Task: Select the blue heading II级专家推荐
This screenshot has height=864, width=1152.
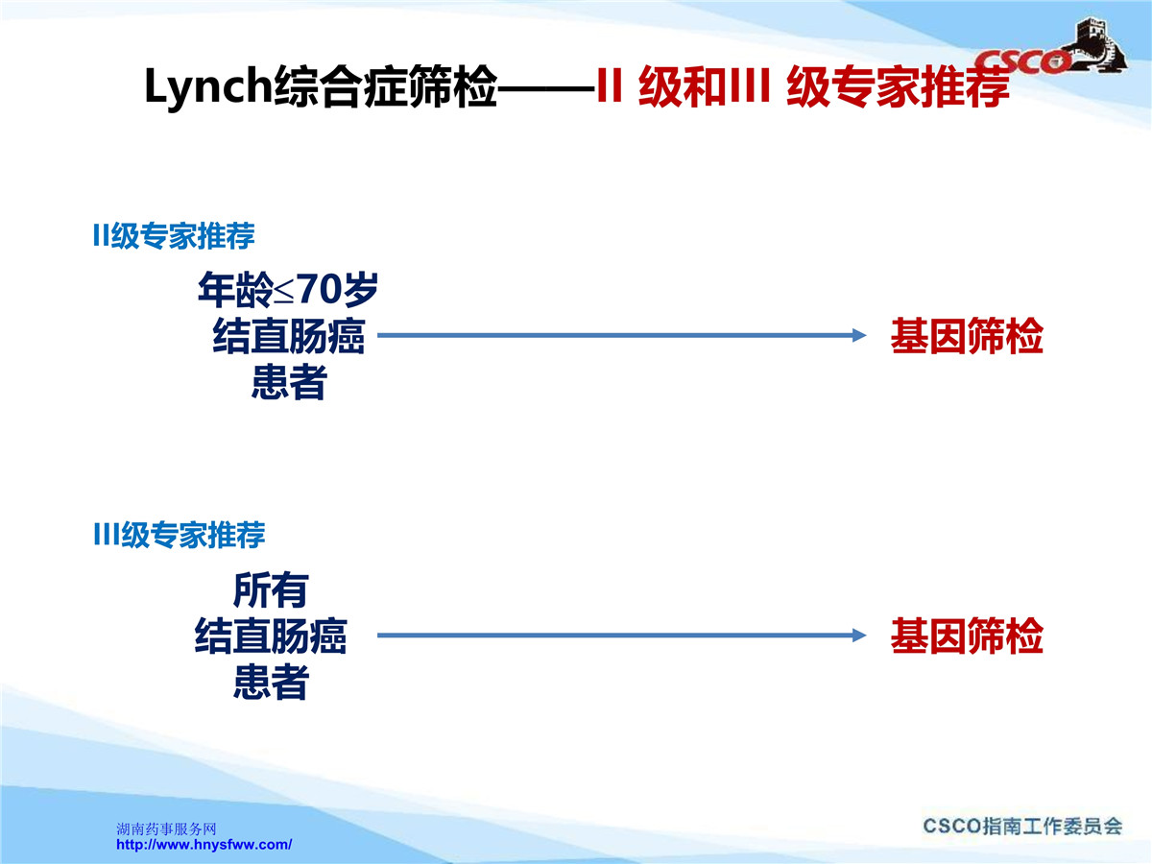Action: (x=174, y=235)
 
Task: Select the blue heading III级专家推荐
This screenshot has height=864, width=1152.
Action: (x=179, y=535)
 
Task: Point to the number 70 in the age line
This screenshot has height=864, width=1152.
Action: (x=322, y=289)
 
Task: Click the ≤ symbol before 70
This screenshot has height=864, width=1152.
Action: (x=284, y=292)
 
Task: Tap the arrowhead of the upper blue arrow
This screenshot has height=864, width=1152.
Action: (x=858, y=335)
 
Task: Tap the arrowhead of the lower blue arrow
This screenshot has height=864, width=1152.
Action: (x=858, y=636)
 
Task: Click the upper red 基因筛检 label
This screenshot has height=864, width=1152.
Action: (x=967, y=336)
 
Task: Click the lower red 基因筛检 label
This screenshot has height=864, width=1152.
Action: (x=967, y=636)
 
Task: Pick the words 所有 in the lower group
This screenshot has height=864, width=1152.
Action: (x=271, y=590)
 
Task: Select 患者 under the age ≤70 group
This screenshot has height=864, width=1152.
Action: (x=289, y=381)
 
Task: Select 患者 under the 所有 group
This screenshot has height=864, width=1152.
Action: (x=271, y=682)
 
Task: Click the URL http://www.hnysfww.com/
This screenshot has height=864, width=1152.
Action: (x=204, y=845)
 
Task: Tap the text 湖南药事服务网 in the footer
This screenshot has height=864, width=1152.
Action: (x=166, y=828)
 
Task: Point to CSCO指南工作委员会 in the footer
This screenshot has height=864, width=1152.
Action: (x=1022, y=827)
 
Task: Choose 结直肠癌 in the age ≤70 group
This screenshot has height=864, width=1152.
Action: (x=289, y=336)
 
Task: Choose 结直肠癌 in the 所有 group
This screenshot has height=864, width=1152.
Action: (x=271, y=636)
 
